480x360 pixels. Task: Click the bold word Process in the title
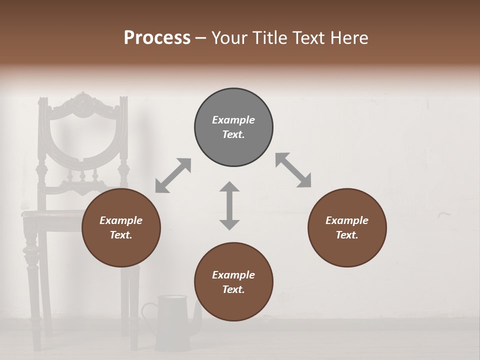pos(157,38)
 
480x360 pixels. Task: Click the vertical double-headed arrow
pos(229,205)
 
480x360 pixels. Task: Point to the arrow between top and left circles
pos(173,175)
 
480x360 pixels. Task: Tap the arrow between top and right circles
pos(293,170)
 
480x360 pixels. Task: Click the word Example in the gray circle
pos(233,120)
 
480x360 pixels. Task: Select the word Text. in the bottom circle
pos(233,289)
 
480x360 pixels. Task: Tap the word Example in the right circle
pos(347,220)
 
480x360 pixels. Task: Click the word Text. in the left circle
pos(121,235)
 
